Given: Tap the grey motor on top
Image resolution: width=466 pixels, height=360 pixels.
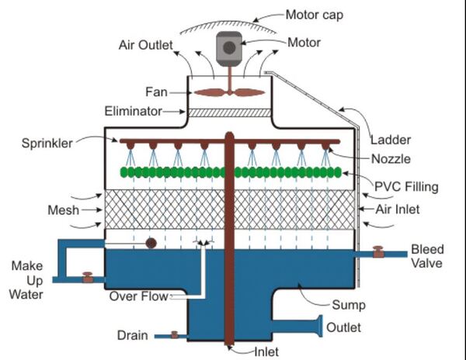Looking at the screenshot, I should [x=228, y=47].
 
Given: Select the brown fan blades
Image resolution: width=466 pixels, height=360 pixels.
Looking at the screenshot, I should [x=228, y=92].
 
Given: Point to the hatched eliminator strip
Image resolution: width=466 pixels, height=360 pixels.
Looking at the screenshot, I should [x=228, y=112].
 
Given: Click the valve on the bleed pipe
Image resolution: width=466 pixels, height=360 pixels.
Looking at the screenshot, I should [x=378, y=252].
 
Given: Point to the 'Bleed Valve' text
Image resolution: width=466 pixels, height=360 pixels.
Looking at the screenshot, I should [x=426, y=257].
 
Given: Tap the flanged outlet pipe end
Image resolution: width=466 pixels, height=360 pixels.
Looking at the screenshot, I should [x=319, y=327].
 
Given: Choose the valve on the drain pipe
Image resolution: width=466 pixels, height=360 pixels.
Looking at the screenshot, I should [x=174, y=335].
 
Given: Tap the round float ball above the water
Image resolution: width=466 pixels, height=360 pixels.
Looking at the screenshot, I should [x=151, y=243].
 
